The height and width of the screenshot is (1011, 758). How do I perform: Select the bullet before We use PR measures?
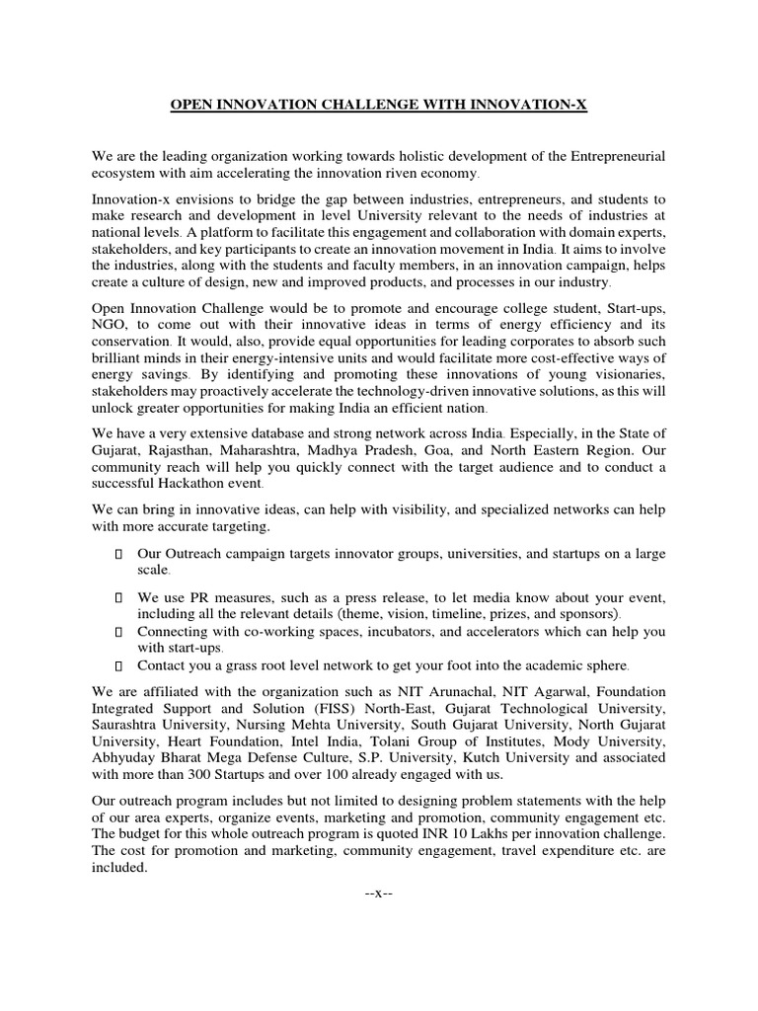click(119, 598)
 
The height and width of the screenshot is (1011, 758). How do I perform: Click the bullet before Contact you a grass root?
click(119, 665)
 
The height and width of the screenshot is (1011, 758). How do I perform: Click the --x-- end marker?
click(379, 893)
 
